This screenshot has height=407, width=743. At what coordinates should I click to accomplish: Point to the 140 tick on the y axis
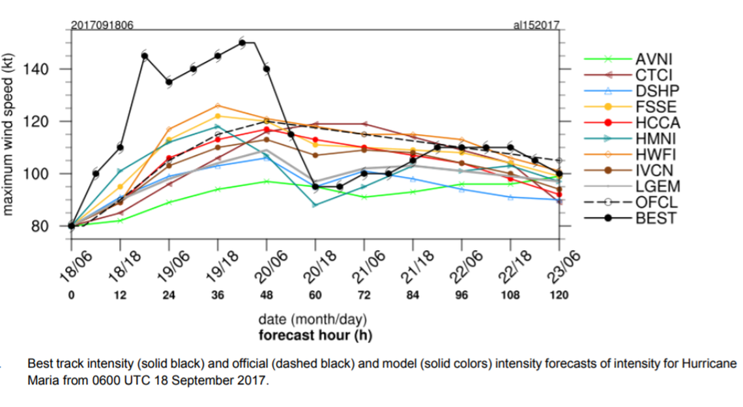[x=50, y=69]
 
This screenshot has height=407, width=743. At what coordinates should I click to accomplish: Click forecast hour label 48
[x=266, y=295]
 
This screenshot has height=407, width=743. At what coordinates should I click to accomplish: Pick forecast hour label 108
[x=510, y=295]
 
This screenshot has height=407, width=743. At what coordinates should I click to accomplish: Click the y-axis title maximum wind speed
[x=9, y=134]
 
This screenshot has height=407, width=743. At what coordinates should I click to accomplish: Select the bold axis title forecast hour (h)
[x=315, y=335]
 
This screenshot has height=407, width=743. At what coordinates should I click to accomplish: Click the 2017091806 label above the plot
[x=102, y=25]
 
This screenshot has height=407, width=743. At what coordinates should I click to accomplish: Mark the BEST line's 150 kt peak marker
[x=242, y=43]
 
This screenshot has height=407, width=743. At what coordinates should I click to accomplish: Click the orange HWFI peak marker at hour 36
[x=218, y=105]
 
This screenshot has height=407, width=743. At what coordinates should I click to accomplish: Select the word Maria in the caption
[x=42, y=380]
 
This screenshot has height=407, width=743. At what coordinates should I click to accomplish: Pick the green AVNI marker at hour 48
[x=266, y=181]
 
